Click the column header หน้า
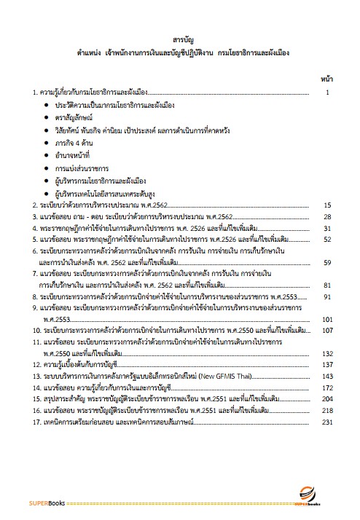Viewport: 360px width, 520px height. (x=327, y=78)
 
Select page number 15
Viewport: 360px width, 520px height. (x=328, y=206)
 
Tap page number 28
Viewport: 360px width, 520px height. (x=328, y=217)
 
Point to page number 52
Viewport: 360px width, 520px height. (x=328, y=239)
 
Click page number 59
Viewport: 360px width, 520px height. (x=328, y=262)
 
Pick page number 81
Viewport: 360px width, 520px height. (x=328, y=285)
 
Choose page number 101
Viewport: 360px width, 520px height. (x=327, y=319)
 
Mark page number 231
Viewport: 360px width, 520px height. (x=327, y=422)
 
